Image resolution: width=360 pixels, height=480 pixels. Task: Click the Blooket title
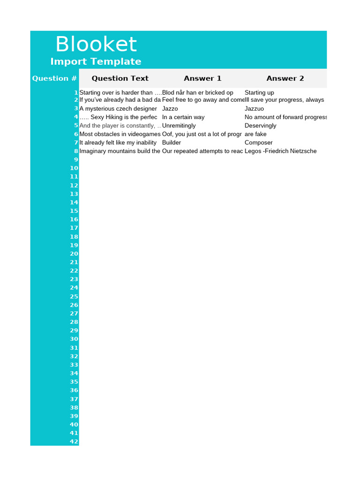(96, 45)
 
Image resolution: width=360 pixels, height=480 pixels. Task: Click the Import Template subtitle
(96, 61)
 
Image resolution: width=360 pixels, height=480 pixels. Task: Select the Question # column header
(54, 78)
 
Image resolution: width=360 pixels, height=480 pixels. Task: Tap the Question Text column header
(120, 78)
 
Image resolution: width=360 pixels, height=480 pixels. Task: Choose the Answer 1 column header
(202, 78)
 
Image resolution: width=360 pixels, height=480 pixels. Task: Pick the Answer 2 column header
(285, 78)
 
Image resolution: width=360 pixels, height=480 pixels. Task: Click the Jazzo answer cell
(170, 109)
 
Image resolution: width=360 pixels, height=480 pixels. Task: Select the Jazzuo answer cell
(255, 109)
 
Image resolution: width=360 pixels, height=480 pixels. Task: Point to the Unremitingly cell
(179, 126)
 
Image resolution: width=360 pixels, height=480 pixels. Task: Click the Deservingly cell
(261, 126)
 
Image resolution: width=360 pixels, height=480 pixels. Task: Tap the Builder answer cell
(172, 142)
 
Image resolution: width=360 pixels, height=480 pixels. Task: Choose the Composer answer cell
(259, 142)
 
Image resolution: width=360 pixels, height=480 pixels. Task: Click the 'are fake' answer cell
(255, 134)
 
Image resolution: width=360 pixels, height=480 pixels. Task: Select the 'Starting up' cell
(259, 93)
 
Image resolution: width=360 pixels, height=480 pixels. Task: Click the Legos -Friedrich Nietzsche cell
(280, 151)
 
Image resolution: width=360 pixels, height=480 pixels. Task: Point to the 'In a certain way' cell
(183, 117)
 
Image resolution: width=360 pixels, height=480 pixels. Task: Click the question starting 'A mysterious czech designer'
(118, 109)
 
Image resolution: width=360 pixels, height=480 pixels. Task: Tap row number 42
(74, 442)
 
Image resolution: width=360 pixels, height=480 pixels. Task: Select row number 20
(74, 254)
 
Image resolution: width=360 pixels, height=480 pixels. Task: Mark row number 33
(74, 365)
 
